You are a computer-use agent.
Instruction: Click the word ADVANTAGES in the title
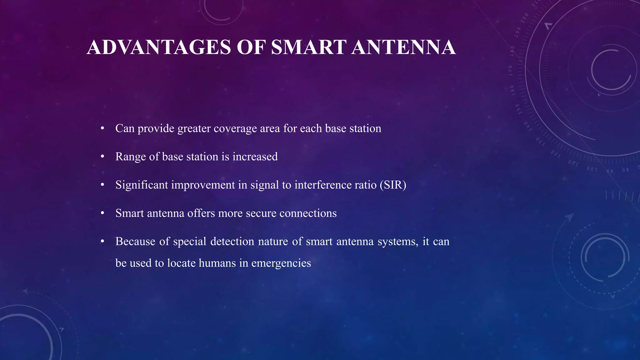click(159, 47)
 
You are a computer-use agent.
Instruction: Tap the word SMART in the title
click(308, 47)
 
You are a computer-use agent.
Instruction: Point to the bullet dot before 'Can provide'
click(102, 128)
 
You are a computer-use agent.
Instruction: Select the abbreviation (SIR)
click(393, 185)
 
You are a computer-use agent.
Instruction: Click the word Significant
click(142, 185)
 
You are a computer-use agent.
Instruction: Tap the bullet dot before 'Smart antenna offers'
click(102, 213)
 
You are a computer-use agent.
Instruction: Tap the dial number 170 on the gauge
click(511, 71)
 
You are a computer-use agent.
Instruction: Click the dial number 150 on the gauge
click(517, 109)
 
